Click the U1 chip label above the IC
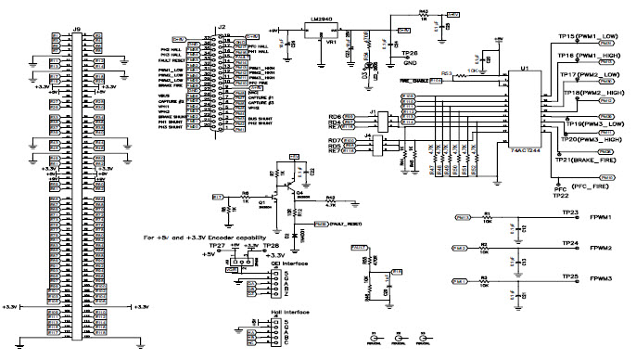tap(525, 68)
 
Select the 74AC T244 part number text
tap(526, 148)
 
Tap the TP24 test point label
tap(570, 242)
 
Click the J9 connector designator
tap(77, 29)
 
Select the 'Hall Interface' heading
tap(264, 313)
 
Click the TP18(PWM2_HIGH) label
tap(597, 94)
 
